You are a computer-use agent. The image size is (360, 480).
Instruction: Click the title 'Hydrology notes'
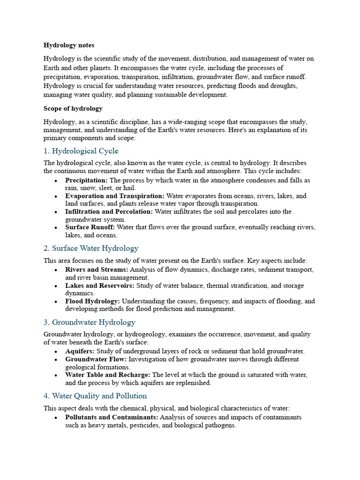click(69, 45)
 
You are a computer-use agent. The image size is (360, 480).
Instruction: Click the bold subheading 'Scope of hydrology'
click(73, 108)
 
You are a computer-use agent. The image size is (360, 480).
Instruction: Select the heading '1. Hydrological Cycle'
click(81, 151)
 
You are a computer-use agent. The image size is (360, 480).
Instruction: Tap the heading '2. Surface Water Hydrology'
click(91, 248)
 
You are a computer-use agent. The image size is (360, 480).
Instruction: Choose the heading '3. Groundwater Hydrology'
click(89, 322)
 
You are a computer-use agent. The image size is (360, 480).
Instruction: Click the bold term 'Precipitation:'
click(86, 180)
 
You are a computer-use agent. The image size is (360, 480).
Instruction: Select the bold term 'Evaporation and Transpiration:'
click(115, 196)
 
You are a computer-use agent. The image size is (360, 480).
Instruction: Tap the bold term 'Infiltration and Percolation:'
click(109, 212)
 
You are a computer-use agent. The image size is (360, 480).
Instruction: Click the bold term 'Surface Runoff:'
click(90, 227)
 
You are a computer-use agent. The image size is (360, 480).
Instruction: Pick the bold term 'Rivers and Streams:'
click(97, 270)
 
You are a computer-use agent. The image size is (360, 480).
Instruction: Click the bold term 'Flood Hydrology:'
click(92, 301)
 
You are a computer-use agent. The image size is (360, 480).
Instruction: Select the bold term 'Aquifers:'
click(80, 351)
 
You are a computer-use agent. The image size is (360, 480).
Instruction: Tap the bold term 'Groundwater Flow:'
click(96, 360)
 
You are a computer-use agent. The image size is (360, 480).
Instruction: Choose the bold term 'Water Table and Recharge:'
click(108, 375)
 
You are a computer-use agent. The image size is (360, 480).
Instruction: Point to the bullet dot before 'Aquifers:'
click(56, 352)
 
